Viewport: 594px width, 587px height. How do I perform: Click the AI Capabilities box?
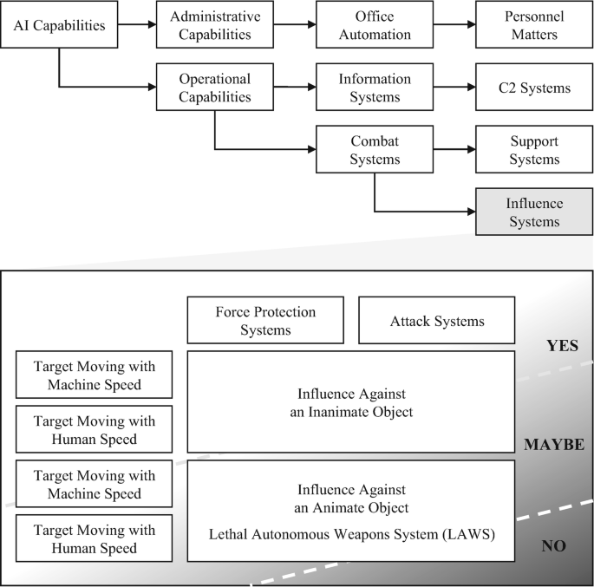[60, 25]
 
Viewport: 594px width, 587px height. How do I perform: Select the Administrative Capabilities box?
[215, 25]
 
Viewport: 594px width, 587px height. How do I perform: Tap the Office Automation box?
[375, 25]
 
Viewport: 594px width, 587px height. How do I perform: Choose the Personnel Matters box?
[533, 25]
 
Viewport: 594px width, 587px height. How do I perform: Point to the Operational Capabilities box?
[215, 87]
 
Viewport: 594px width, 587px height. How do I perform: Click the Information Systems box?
[375, 87]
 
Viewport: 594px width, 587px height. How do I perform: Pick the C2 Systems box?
[533, 88]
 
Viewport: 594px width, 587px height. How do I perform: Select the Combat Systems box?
[375, 149]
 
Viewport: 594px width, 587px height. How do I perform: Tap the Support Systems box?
[533, 149]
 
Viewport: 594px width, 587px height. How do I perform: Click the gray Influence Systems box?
[533, 212]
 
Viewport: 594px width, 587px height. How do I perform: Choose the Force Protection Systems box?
[265, 320]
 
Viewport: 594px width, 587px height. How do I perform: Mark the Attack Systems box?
[437, 321]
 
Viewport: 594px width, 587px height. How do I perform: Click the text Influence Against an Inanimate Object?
[351, 402]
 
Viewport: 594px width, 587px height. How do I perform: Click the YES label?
[562, 346]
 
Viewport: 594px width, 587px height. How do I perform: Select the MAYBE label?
[554, 445]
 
